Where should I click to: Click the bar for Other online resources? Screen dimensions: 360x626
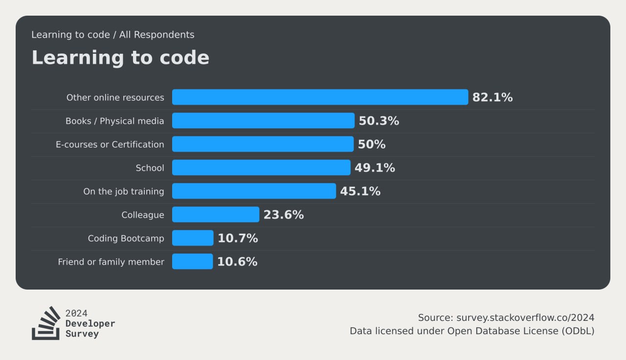320,97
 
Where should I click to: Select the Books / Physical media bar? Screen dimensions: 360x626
263,120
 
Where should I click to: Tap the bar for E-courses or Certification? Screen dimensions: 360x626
263,144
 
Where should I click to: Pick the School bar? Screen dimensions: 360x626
261,167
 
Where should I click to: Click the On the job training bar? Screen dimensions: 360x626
254,191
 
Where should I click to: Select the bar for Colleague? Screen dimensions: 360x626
216,214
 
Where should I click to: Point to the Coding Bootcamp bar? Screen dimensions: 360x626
193,238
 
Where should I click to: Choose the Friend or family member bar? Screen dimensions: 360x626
193,261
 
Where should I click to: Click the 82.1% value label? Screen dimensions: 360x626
492,97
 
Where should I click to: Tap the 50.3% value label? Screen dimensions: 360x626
379,121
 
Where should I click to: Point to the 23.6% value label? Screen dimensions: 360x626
283,215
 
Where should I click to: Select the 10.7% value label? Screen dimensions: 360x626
238,238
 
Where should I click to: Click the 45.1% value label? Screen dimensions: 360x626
360,191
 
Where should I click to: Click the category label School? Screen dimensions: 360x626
150,168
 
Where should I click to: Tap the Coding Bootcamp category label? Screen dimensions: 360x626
126,238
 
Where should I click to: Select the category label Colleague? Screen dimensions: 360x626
142,215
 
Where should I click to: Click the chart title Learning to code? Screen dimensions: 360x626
120,58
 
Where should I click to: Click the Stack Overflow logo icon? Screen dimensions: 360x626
46,323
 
